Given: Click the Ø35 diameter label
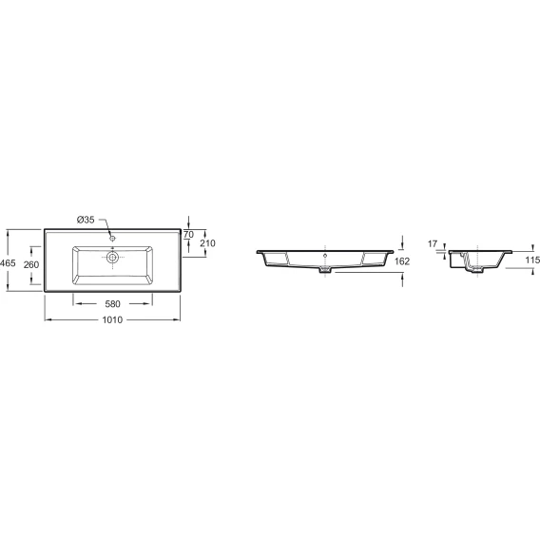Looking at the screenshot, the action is (86, 220).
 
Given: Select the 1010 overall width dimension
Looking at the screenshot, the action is (112, 320).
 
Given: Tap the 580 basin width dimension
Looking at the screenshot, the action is (112, 304).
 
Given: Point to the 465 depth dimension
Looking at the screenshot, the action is (8, 263).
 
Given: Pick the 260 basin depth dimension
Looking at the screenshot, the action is (31, 264).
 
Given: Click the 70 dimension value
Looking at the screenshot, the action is (189, 235).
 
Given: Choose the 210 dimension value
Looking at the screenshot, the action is (207, 243).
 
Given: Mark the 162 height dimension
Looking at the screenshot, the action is (402, 261).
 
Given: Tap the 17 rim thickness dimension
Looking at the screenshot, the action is (433, 243).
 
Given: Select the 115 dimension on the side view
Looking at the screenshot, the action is (532, 260).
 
